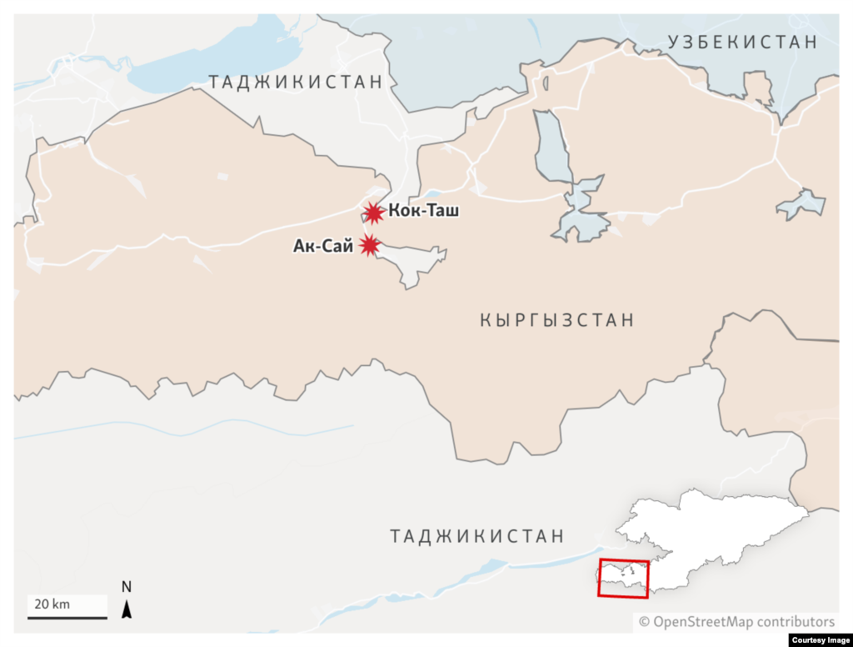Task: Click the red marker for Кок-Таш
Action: point(374,213)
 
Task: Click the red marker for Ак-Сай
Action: point(368,245)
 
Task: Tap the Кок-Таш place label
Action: point(423,212)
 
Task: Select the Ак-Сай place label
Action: point(323,246)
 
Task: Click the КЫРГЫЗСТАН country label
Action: point(556,319)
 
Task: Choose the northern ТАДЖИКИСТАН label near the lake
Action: point(295,82)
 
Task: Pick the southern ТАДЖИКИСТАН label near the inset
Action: point(476,536)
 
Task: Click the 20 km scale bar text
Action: point(52,603)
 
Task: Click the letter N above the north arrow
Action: point(127,587)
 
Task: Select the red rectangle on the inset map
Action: point(623,578)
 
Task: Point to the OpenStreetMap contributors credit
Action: point(736,621)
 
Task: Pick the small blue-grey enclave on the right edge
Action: point(801,203)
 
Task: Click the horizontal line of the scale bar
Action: point(67,617)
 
